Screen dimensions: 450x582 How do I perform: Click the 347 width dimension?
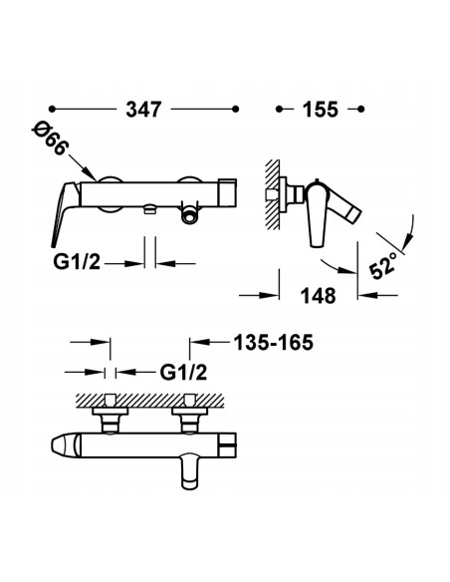[143, 110]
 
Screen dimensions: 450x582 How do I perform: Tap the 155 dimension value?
[321, 110]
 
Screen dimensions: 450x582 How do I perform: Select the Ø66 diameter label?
[50, 139]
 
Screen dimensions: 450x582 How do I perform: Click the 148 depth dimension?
[318, 296]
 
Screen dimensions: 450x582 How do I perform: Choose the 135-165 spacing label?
[273, 342]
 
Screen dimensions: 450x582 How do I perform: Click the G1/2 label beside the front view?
[77, 261]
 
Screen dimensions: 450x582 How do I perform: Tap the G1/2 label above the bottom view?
[183, 372]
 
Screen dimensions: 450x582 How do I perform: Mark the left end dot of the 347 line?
[52, 110]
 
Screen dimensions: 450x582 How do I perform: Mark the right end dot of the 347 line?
[235, 110]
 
